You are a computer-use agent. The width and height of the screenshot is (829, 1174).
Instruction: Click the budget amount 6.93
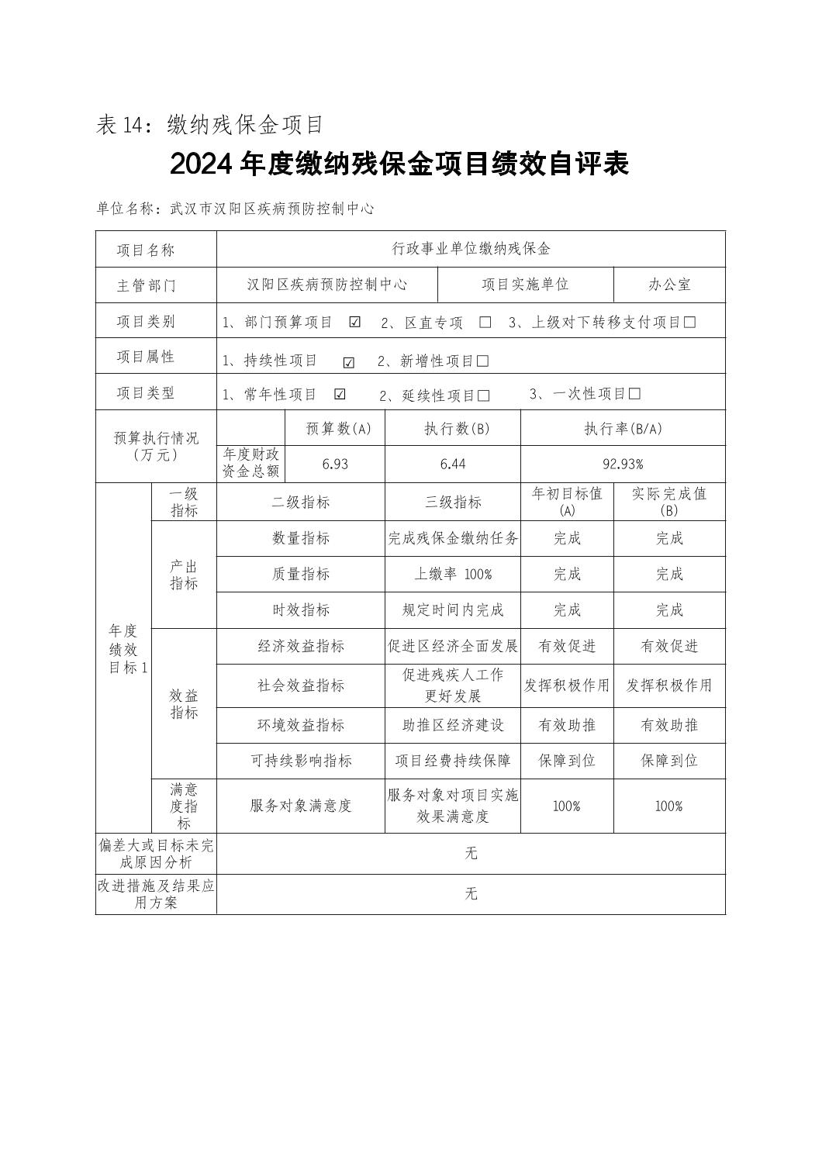click(334, 464)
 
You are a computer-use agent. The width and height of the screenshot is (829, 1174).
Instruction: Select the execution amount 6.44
click(452, 464)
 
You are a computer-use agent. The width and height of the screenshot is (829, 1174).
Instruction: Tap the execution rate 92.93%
click(623, 464)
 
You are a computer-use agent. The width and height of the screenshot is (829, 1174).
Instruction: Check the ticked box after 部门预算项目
click(355, 323)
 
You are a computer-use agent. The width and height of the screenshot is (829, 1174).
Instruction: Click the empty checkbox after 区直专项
click(485, 323)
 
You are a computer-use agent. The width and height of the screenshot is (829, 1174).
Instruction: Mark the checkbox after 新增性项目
click(483, 361)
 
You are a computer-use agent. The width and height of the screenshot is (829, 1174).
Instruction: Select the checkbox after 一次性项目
click(634, 394)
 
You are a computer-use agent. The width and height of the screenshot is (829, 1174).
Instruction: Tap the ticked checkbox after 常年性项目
click(340, 394)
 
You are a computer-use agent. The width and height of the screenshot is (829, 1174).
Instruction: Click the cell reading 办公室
click(669, 285)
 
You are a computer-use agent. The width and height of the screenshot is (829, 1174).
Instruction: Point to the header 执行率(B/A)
click(623, 429)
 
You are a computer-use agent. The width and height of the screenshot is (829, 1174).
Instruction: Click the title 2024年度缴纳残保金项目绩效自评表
click(399, 164)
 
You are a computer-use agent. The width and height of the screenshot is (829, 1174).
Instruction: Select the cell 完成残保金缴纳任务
click(453, 538)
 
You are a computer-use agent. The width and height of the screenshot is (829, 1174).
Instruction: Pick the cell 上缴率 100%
click(453, 574)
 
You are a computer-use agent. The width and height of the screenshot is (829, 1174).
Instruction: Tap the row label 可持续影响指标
click(301, 761)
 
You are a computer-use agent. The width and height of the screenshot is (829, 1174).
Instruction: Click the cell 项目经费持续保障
click(453, 761)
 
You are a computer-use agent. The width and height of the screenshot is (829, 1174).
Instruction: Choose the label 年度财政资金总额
click(250, 463)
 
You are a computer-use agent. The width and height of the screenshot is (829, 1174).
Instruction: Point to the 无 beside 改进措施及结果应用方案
click(471, 894)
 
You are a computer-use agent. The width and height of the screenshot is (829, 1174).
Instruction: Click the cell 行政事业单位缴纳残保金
click(471, 249)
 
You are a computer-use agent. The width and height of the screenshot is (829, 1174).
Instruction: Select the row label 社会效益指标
click(301, 685)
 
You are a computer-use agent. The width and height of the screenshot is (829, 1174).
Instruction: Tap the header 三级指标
click(453, 502)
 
